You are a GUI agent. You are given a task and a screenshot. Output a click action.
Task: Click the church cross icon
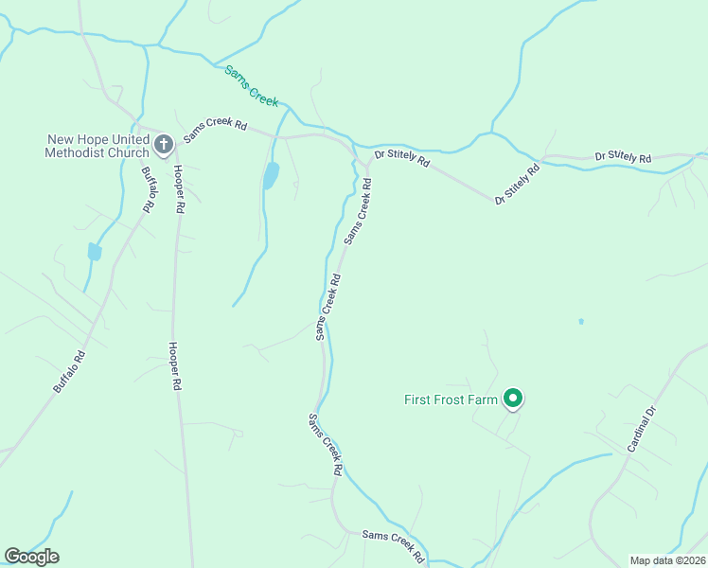click(x=163, y=145)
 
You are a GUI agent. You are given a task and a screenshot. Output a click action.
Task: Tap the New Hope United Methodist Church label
click(x=98, y=146)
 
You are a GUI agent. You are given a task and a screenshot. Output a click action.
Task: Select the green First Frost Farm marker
click(x=512, y=399)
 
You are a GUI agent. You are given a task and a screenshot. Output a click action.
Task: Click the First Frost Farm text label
click(x=451, y=400)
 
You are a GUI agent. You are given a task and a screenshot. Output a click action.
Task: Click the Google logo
click(x=31, y=557)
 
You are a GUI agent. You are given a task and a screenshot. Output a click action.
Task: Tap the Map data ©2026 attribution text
click(x=667, y=560)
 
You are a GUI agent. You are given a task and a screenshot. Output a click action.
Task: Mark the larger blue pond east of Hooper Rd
click(x=271, y=175)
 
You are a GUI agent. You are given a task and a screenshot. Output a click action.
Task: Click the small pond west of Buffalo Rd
click(x=94, y=252)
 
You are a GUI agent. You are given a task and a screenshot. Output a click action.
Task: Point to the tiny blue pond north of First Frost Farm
click(x=581, y=321)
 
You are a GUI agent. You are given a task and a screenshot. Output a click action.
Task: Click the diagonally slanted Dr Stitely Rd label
click(x=517, y=184)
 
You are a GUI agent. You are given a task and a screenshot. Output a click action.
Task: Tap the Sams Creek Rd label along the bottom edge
click(x=393, y=547)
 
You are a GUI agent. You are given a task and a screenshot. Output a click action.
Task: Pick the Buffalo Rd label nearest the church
click(x=148, y=188)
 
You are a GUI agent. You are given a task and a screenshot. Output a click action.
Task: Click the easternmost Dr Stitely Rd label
click(x=623, y=156)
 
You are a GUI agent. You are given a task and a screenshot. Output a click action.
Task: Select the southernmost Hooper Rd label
click(x=175, y=367)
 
